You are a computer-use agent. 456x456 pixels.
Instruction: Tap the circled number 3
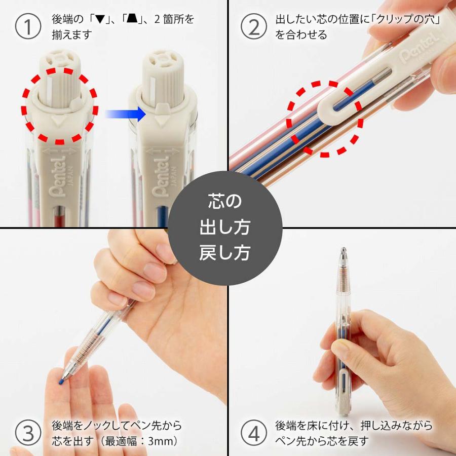28,432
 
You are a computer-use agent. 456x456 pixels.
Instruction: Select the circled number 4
253,432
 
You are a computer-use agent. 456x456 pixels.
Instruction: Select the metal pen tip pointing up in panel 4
343,253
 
